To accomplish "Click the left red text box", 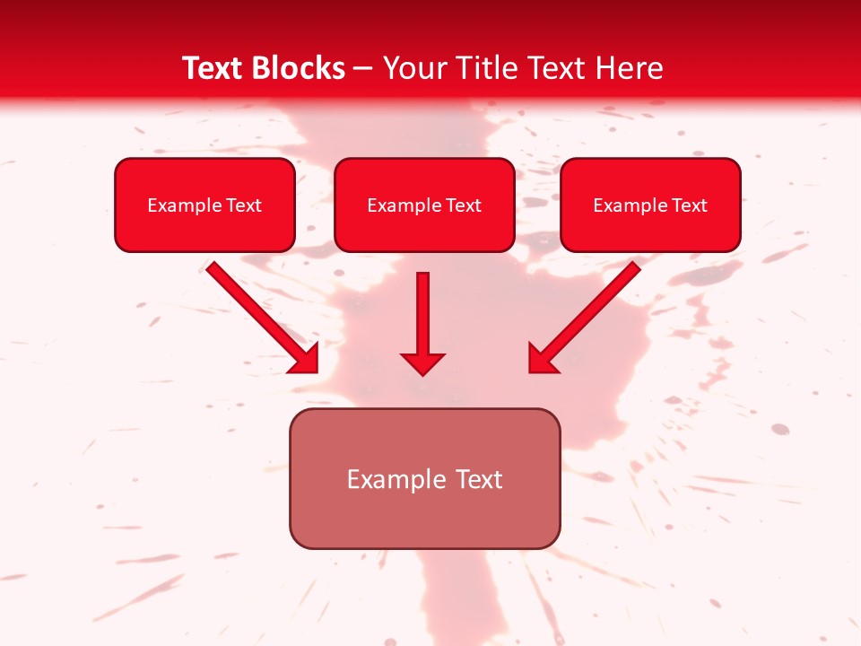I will click(204, 205).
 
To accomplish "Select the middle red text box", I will click(424, 205).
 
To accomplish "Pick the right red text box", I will click(650, 205).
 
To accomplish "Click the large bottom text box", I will click(424, 478).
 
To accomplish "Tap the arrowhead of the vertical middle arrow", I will click(422, 363).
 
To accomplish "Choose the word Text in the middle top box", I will click(464, 205).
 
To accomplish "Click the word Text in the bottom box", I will click(480, 479).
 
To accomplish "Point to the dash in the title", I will click(363, 69).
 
